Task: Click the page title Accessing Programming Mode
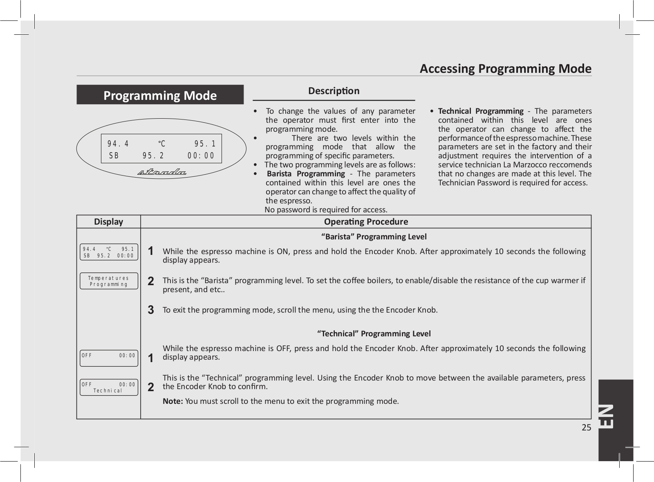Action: (x=505, y=68)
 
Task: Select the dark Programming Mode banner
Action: (x=160, y=95)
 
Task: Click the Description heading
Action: (x=334, y=91)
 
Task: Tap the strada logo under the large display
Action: (x=162, y=172)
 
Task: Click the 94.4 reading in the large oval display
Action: (x=118, y=144)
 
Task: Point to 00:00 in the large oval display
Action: (x=201, y=156)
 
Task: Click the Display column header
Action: (x=108, y=222)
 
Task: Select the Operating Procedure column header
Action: (x=366, y=222)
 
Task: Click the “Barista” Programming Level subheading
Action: (x=374, y=236)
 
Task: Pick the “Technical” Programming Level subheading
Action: (x=374, y=333)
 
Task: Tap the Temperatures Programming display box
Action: (x=109, y=281)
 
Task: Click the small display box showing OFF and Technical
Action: (x=109, y=387)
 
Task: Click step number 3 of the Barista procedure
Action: (x=151, y=310)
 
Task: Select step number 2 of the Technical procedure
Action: (x=151, y=387)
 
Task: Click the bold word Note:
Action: (x=172, y=401)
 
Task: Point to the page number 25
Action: (x=586, y=428)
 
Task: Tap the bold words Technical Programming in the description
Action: (x=480, y=111)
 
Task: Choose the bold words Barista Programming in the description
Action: (x=306, y=174)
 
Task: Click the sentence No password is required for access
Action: (x=326, y=210)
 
